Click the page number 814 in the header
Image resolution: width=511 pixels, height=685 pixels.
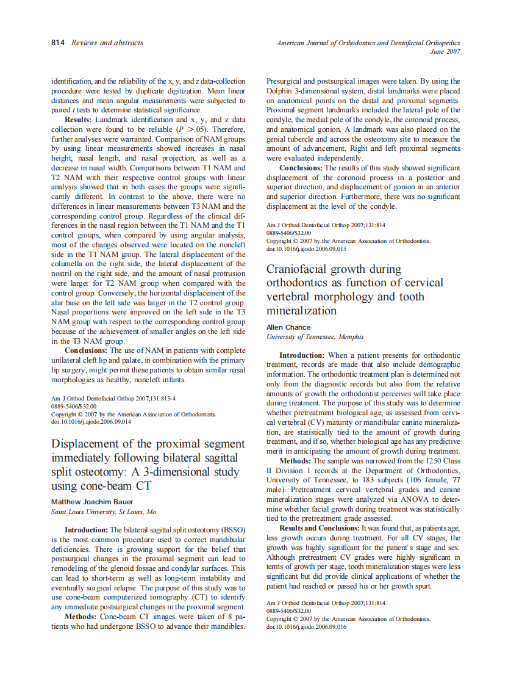tap(58, 43)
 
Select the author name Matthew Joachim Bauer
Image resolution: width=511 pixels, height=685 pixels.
tap(92, 502)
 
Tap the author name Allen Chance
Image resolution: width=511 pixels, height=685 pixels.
tap(288, 327)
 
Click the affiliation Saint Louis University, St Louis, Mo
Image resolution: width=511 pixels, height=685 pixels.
tap(104, 512)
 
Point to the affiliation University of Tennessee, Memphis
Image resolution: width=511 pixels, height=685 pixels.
tap(315, 337)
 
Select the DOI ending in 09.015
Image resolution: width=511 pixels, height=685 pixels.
tap(306, 249)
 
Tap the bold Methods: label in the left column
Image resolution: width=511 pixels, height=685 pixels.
tap(82, 617)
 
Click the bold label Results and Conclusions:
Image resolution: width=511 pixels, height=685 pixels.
tap(320, 528)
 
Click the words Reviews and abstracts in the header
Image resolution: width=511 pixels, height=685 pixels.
tap(107, 43)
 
